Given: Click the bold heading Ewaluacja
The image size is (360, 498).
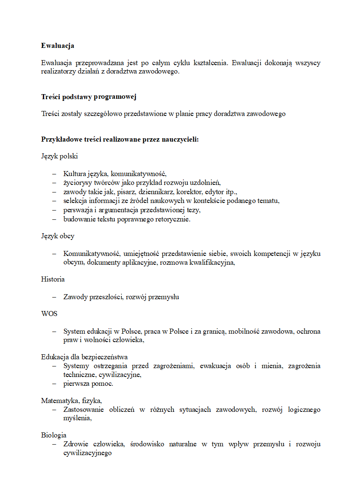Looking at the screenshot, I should [58, 45].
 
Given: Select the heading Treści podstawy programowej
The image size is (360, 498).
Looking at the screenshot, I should [89, 97].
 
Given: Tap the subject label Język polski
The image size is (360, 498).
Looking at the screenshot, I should [59, 156].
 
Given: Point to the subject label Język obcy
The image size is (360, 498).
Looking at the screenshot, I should [58, 236].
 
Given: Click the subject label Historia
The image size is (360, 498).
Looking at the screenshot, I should [53, 279].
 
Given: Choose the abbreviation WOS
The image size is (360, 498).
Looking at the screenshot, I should [49, 314].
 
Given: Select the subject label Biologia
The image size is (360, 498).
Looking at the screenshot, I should [54, 435].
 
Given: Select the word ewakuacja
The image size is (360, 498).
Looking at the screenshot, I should [215, 366].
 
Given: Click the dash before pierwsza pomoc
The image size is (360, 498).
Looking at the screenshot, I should [54, 384].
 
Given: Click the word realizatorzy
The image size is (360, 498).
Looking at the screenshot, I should [59, 71].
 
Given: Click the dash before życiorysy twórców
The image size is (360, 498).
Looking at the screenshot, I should [54, 182].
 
